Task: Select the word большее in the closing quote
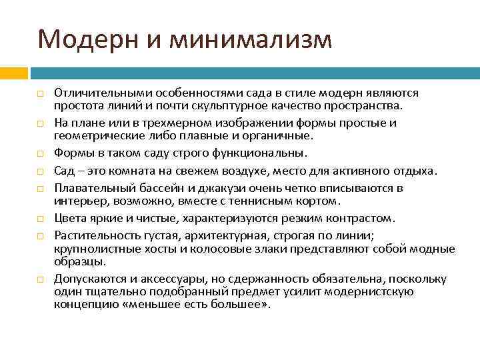[239, 304]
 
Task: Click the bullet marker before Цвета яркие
[41, 218]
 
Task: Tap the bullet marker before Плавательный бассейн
[41, 189]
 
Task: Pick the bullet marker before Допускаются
[41, 279]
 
